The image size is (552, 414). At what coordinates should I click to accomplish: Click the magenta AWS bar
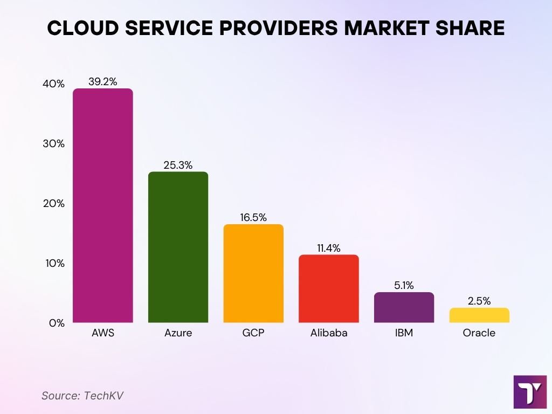click(x=102, y=205)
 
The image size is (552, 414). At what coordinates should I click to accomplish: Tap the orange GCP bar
click(x=253, y=273)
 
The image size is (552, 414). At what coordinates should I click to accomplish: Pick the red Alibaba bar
click(x=329, y=288)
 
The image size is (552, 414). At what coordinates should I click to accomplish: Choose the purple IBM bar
click(x=404, y=307)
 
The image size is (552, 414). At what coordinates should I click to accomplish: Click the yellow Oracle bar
click(x=479, y=315)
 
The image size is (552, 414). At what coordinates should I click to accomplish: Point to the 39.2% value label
click(x=102, y=81)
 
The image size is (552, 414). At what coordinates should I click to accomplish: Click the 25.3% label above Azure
click(x=178, y=164)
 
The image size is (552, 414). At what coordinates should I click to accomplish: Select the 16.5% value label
click(x=253, y=217)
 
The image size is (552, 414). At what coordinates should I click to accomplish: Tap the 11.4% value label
click(x=329, y=247)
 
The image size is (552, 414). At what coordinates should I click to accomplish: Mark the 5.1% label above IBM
click(x=404, y=285)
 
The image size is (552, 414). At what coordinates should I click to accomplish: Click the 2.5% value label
click(x=479, y=301)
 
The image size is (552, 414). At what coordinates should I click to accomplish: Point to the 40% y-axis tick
click(x=54, y=84)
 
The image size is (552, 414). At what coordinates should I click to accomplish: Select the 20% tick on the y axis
click(x=54, y=204)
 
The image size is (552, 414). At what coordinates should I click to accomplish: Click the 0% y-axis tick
click(x=57, y=323)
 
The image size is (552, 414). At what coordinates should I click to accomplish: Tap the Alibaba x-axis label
click(x=329, y=333)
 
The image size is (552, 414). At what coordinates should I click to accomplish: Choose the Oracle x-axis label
click(x=479, y=333)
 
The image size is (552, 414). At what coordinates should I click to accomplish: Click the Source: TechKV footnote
click(x=82, y=396)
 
